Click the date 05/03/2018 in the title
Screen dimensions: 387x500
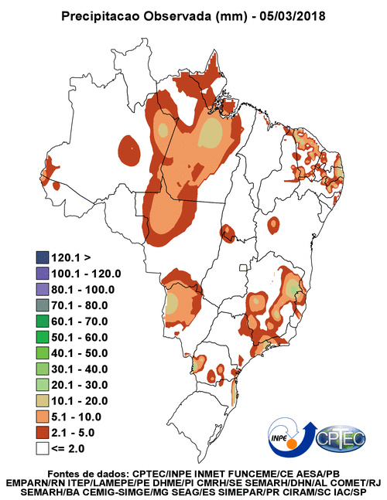click(293, 16)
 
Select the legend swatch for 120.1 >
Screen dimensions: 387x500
click(42, 257)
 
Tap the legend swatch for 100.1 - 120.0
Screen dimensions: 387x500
click(42, 274)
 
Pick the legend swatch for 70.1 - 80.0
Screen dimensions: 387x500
click(42, 305)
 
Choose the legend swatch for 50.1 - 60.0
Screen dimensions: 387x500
click(42, 337)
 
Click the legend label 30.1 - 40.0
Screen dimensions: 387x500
click(80, 369)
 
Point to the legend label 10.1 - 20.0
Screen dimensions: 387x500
click(80, 401)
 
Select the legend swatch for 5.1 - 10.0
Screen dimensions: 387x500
click(42, 417)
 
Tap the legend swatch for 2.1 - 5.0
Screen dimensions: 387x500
click(42, 433)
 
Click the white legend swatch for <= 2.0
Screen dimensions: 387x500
click(42, 449)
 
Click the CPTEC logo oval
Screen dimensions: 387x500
click(341, 438)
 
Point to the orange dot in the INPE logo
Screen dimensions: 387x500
click(292, 444)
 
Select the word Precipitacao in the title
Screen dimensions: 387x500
click(101, 16)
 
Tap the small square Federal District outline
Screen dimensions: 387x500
click(244, 268)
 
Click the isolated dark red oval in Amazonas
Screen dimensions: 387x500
click(129, 150)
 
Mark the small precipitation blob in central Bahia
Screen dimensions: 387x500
click(274, 225)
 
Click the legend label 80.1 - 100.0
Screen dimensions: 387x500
click(83, 289)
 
